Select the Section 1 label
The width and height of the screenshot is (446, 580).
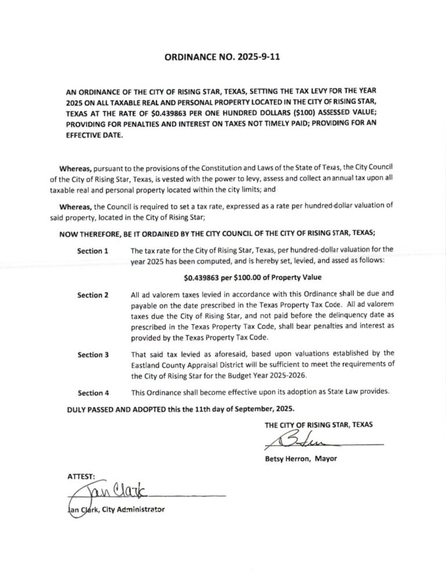point(93,251)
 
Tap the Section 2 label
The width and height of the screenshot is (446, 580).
point(93,295)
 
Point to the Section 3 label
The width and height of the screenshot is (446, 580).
point(93,355)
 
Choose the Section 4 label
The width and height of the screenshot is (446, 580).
point(93,393)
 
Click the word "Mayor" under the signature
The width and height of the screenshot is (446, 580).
point(326,459)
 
